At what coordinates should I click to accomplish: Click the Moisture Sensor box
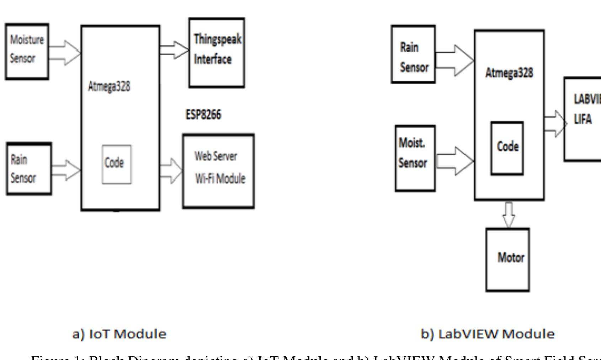tap(27, 52)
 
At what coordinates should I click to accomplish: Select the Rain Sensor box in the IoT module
tap(29, 169)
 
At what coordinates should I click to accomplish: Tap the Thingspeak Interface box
tap(217, 52)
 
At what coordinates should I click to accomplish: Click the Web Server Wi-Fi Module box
tap(218, 171)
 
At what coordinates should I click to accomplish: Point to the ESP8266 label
tap(203, 115)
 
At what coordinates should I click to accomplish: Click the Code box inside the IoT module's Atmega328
tap(117, 164)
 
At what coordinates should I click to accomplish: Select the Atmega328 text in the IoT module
tap(109, 86)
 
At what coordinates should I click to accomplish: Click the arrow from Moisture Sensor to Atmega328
tap(65, 53)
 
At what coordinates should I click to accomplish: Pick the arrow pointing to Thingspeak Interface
tap(174, 50)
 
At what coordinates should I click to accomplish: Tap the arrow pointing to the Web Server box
tap(171, 171)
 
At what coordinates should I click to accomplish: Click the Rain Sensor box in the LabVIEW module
tap(413, 54)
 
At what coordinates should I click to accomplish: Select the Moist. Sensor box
tap(415, 158)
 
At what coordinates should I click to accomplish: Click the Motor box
tap(507, 260)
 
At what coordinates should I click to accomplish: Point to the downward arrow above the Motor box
tap(509, 215)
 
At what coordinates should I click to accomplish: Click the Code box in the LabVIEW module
tap(507, 148)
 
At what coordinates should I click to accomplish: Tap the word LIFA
tap(583, 120)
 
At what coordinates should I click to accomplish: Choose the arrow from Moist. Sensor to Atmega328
tap(455, 161)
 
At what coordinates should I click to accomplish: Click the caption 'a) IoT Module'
tap(119, 334)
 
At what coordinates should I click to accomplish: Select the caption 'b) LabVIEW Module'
tap(488, 334)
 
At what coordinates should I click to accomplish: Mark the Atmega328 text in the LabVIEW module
tap(509, 73)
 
